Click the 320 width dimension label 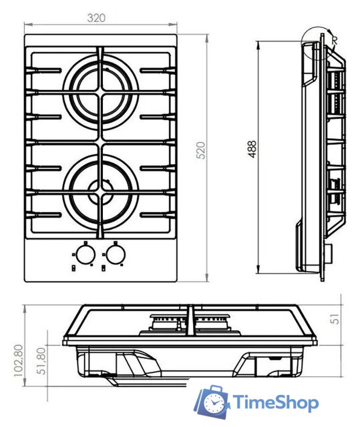[x=96, y=18]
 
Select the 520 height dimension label [x=200, y=150]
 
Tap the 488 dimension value [x=252, y=149]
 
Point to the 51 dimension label [x=335, y=319]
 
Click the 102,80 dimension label [x=19, y=360]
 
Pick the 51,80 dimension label [x=41, y=361]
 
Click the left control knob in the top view [x=85, y=254]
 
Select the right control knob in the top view [x=116, y=254]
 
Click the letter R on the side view [x=335, y=41]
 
